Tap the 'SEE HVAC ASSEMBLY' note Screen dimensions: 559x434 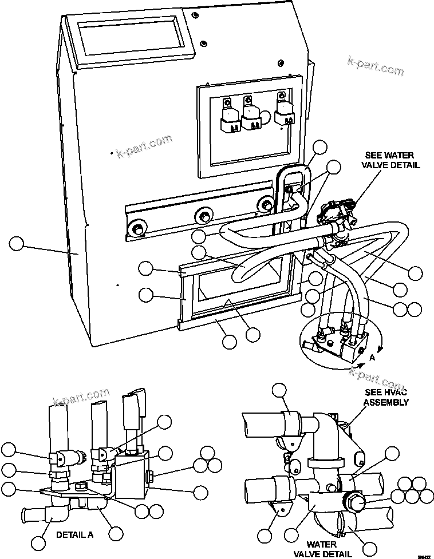click(x=386, y=398)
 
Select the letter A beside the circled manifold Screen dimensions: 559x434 click(x=372, y=358)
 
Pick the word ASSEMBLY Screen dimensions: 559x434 click(x=386, y=402)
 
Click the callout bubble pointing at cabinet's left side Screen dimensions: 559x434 click(x=17, y=244)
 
